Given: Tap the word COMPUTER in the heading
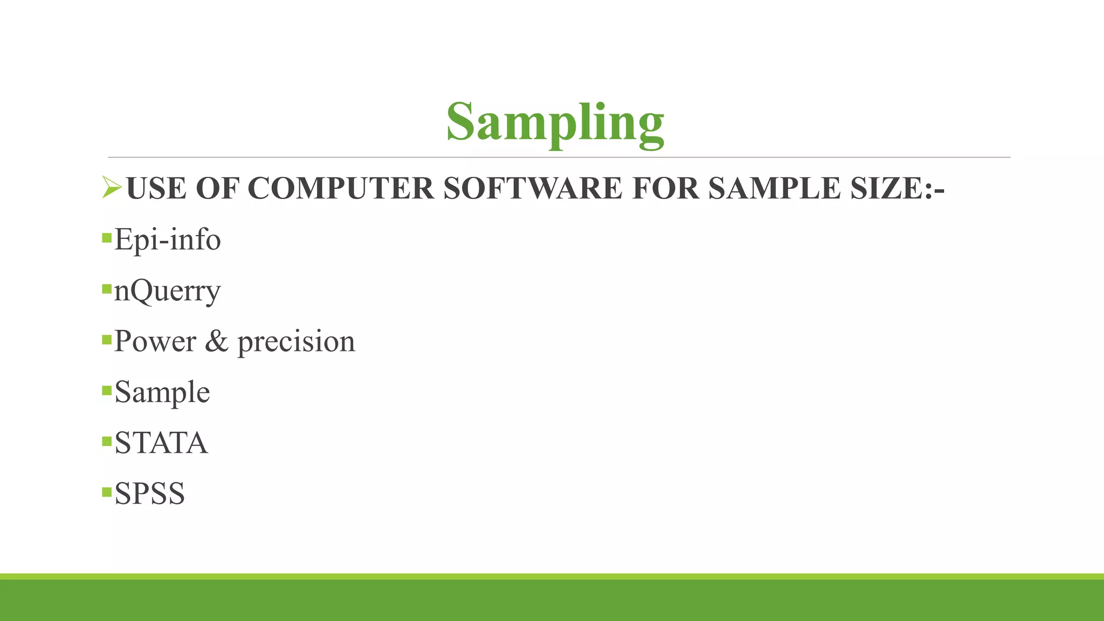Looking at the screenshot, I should [341, 188].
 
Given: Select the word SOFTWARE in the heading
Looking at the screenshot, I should [533, 188].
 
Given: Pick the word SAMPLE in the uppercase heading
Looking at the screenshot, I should [774, 188].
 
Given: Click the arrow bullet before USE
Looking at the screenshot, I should [111, 187].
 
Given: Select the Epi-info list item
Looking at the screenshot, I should [168, 239].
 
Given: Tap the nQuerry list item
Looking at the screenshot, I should [168, 291].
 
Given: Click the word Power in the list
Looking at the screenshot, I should [155, 341].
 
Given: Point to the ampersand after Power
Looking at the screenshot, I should [217, 341].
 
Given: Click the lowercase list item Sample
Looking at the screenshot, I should [162, 392].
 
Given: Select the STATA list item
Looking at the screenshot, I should [161, 443].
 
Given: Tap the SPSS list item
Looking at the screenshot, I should [150, 494].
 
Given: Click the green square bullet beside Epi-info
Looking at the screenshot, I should [107, 237].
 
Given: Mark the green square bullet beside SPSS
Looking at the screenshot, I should [107, 492].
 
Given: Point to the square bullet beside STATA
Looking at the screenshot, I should [107, 441].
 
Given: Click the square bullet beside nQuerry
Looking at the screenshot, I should [107, 288].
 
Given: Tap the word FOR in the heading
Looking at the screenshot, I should [665, 188].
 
